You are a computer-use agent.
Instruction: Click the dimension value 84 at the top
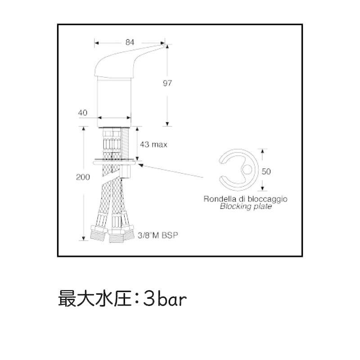tap(130, 42)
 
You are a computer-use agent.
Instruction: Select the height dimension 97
tap(167, 83)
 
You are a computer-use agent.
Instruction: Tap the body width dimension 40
tap(83, 112)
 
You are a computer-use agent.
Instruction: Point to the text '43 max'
tap(153, 144)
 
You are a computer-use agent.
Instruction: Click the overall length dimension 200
tap(83, 177)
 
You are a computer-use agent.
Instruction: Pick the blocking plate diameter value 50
tap(266, 171)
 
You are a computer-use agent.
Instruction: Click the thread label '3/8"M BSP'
tap(158, 235)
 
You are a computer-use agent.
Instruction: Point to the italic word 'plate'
tap(263, 206)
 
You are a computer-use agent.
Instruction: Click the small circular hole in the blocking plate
tap(247, 170)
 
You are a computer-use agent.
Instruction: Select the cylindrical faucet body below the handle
tap(114, 102)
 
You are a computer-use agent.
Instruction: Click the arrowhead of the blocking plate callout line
tap(141, 165)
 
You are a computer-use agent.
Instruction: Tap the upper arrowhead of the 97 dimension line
tap(167, 46)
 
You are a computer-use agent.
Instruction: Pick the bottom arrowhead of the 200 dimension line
tap(84, 238)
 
